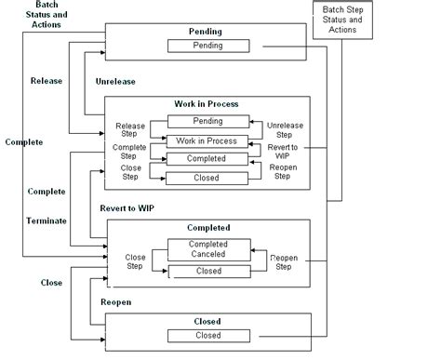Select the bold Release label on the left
click(47, 81)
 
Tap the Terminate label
click(46, 221)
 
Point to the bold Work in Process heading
click(207, 102)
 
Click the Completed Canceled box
click(207, 249)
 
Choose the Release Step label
click(130, 129)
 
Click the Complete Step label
click(129, 152)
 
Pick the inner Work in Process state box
click(207, 141)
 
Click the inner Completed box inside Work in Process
click(207, 159)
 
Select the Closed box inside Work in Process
click(207, 176)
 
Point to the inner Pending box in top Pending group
click(207, 46)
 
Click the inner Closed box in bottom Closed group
click(207, 336)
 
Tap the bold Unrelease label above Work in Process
click(116, 82)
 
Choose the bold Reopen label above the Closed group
click(116, 302)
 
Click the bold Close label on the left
click(51, 282)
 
